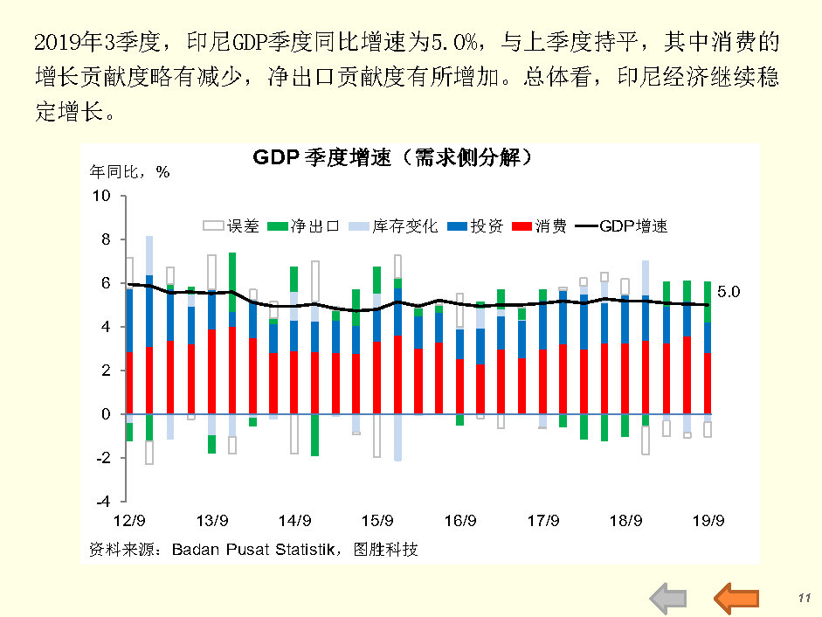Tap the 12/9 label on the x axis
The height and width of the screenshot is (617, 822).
tap(128, 522)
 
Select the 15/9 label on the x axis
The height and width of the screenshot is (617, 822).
tap(376, 522)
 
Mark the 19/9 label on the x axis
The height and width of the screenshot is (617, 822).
tap(708, 522)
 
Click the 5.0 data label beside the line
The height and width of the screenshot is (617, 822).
tap(729, 293)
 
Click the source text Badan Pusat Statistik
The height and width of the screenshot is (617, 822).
tap(253, 550)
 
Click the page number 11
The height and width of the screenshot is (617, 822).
tap(805, 597)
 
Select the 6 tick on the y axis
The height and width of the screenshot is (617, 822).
tap(105, 283)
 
